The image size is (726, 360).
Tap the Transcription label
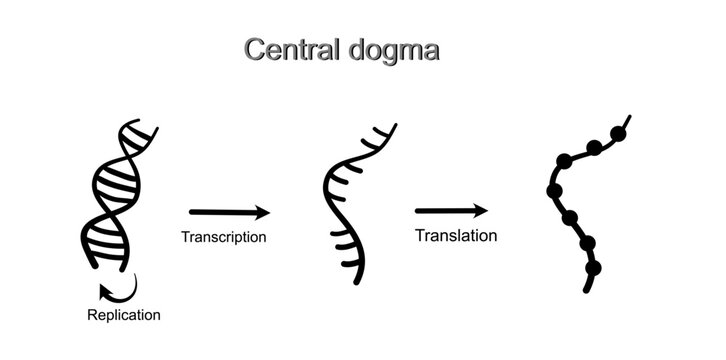click(223, 237)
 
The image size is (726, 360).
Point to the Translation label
click(455, 236)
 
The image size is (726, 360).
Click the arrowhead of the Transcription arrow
click(264, 211)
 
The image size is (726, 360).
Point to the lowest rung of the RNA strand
click(345, 262)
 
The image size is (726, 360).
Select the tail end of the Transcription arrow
click(192, 211)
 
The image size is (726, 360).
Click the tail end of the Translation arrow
click(418, 211)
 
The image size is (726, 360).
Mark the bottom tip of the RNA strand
click(356, 282)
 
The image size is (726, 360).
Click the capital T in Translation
click(420, 236)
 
